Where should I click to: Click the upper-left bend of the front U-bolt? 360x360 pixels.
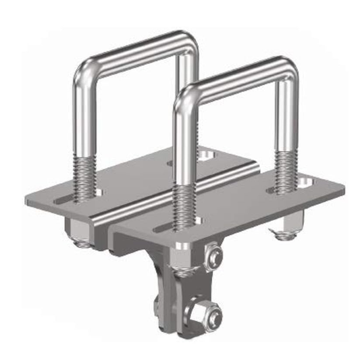181,95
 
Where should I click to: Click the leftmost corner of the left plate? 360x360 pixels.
25,201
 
